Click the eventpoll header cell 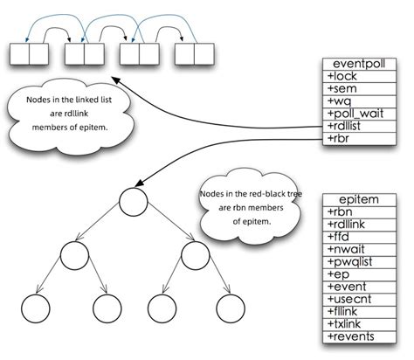360,63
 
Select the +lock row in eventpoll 360,76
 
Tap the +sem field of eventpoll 360,88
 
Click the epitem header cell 360,200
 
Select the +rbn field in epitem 360,212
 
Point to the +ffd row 360,238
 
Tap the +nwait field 360,250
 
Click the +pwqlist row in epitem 360,262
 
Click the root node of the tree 131,202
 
